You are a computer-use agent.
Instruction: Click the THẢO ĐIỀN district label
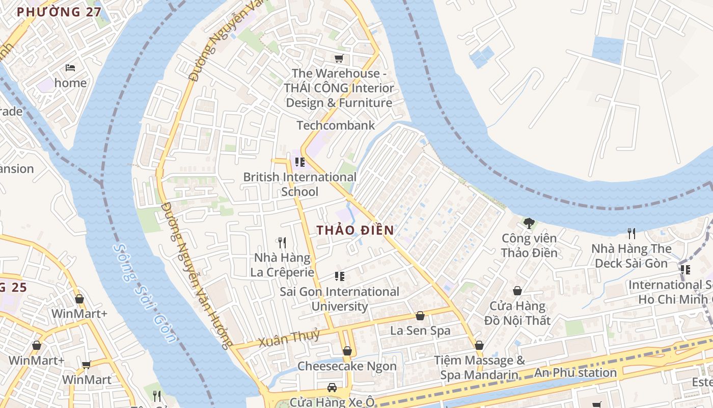click(x=355, y=230)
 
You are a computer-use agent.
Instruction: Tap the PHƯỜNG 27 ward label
click(x=59, y=12)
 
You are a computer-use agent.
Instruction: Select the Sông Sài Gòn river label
click(x=145, y=293)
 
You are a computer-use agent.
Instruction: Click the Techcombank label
click(x=336, y=125)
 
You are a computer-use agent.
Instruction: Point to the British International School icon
click(x=300, y=162)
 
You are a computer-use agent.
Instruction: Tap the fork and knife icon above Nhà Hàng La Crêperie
click(x=282, y=243)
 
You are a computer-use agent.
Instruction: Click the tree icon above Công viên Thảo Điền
click(x=529, y=223)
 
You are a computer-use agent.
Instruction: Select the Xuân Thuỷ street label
click(x=289, y=338)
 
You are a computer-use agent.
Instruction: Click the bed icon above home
click(x=70, y=67)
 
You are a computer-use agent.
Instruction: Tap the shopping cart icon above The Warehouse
click(x=339, y=59)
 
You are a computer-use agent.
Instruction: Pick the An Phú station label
click(x=575, y=373)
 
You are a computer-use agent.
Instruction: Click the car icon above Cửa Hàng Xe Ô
click(x=332, y=387)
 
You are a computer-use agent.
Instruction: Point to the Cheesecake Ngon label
click(x=347, y=366)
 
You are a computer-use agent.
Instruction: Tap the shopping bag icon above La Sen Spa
click(x=420, y=316)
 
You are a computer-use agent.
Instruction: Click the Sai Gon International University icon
click(x=340, y=276)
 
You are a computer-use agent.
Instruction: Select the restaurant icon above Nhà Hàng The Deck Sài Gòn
click(x=632, y=234)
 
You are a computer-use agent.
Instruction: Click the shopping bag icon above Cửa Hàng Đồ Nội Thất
click(x=517, y=291)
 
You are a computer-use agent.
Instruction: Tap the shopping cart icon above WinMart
click(x=87, y=365)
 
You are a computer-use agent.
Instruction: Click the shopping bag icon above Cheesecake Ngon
click(x=347, y=351)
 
